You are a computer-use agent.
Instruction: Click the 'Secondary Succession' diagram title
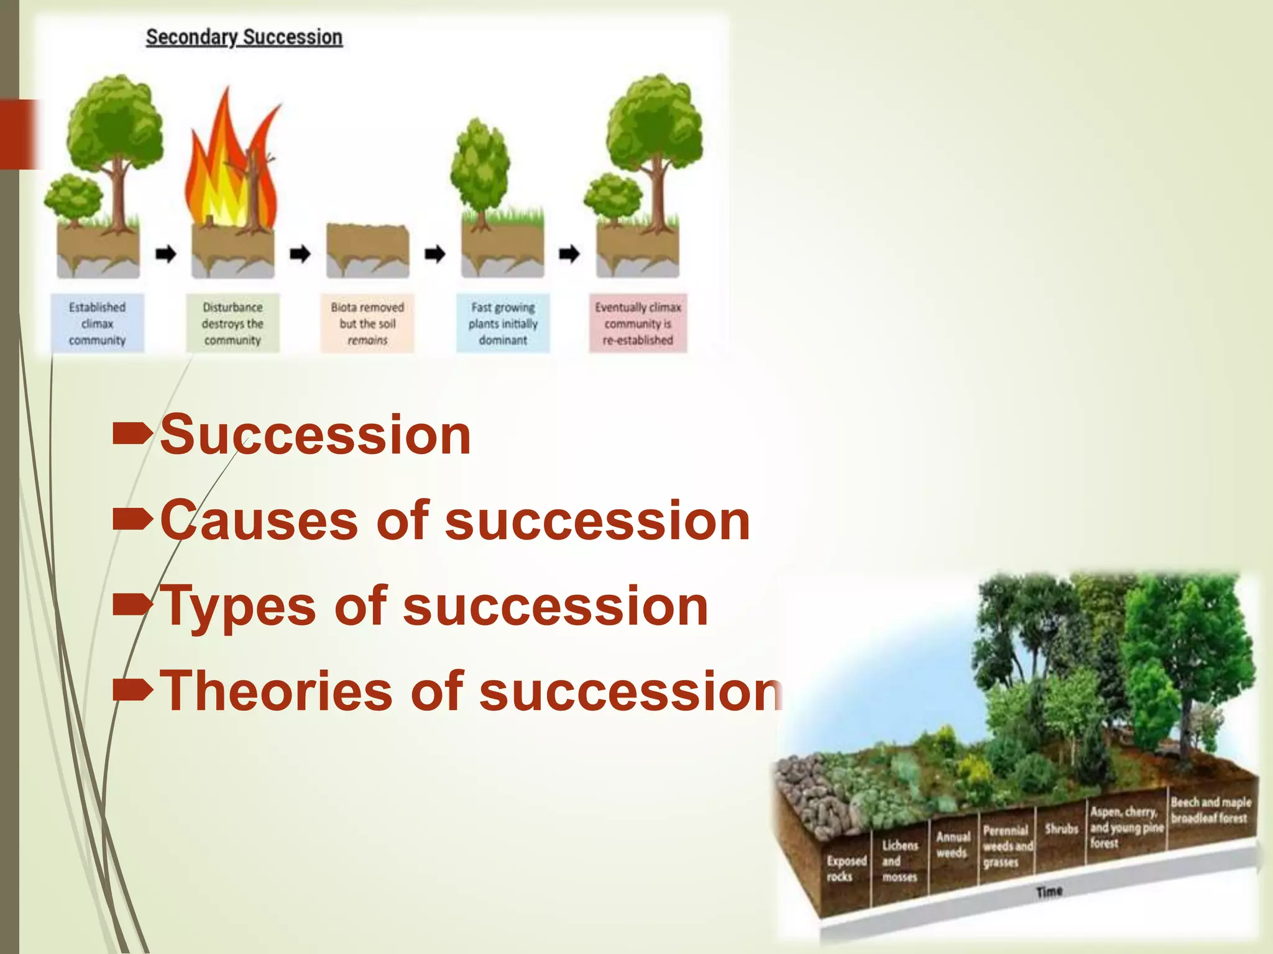click(x=244, y=37)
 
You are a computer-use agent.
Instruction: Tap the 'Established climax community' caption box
click(x=98, y=324)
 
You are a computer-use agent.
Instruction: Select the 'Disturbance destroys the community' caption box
click(x=232, y=324)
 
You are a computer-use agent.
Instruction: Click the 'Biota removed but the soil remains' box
click(x=367, y=324)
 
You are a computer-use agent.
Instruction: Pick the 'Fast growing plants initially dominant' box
click(x=503, y=324)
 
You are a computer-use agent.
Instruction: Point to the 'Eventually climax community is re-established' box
click(x=638, y=324)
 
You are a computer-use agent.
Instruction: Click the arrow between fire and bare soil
click(x=300, y=253)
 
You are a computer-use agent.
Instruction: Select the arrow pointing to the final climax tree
click(x=569, y=253)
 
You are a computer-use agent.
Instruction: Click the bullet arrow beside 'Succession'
click(x=132, y=434)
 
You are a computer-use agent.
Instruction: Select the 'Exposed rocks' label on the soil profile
click(x=846, y=868)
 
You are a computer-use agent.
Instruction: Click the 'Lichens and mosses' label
click(x=899, y=861)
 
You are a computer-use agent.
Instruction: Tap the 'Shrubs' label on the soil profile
click(x=1061, y=829)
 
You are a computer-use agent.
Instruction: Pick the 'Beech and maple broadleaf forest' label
click(x=1210, y=810)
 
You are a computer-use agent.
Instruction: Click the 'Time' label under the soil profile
click(x=1049, y=892)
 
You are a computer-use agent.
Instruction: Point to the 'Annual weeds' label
click(x=953, y=845)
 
